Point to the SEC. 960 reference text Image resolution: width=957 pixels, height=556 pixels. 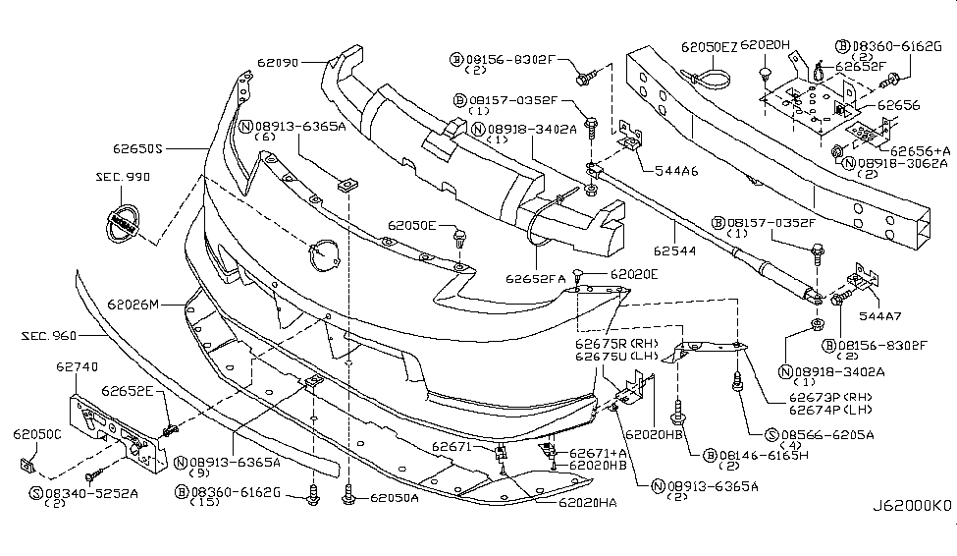pyautogui.click(x=50, y=336)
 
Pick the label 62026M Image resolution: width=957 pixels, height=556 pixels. pyautogui.click(x=133, y=304)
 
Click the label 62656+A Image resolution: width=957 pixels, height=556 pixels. pyautogui.click(x=922, y=150)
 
